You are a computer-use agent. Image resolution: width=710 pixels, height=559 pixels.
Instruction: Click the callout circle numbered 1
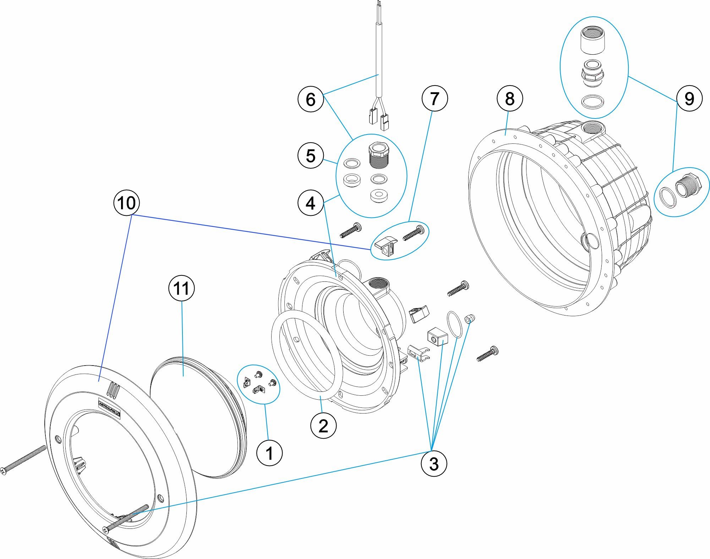269,453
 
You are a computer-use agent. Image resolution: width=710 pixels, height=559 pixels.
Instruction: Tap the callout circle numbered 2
323,426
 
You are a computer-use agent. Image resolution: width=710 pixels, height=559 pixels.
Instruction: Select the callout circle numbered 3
434,463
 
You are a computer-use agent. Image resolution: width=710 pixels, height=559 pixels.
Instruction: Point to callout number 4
311,203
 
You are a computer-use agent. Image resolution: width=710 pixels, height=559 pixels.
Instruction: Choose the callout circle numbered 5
311,155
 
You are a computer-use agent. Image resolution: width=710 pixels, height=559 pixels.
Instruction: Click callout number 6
311,99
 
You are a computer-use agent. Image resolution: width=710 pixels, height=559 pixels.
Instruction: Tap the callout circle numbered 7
435,98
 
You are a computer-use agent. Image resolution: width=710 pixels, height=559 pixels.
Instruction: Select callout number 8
509,98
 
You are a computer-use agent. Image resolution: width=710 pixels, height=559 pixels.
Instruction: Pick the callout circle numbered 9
689,98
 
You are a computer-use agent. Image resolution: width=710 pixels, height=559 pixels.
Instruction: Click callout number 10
126,203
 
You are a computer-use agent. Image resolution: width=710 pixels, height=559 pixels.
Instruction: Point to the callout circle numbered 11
181,288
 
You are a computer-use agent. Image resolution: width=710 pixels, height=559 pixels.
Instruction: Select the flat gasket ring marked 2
307,355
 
